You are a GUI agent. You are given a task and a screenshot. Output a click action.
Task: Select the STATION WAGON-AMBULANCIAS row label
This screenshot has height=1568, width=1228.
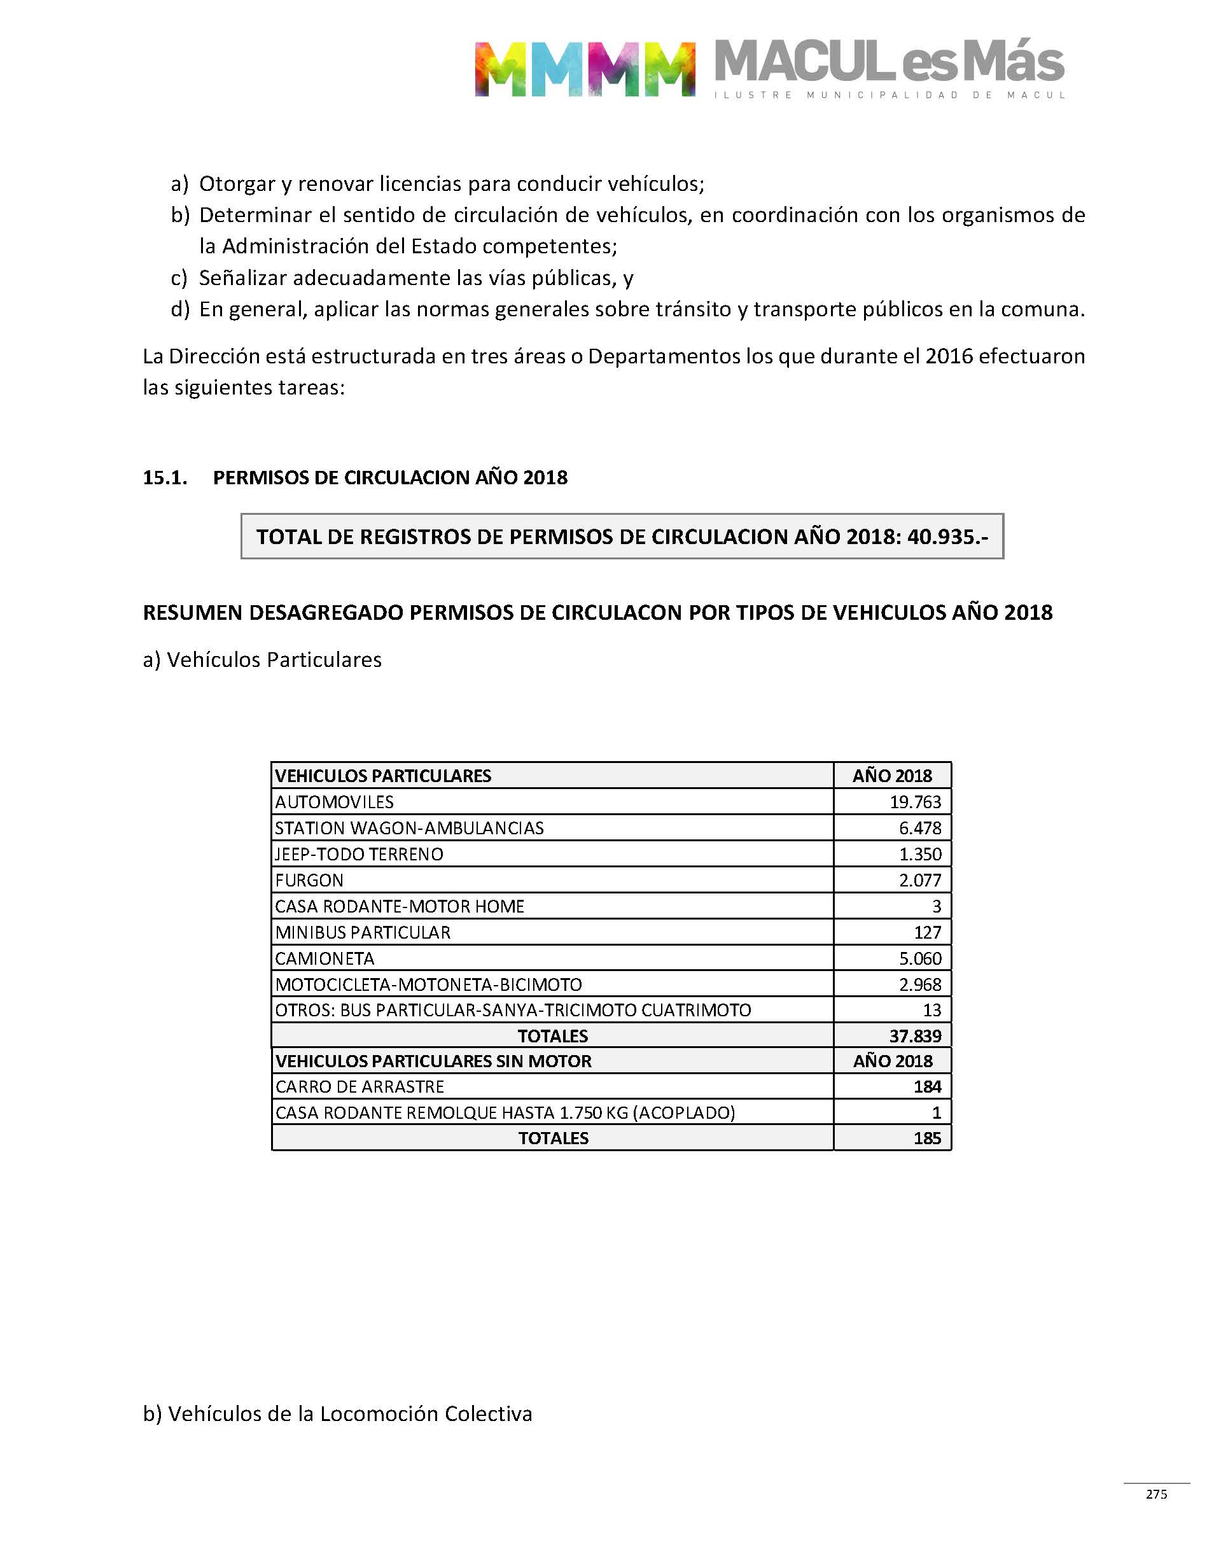pos(409,828)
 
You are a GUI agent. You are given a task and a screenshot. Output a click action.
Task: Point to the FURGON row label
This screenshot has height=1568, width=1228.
pos(309,880)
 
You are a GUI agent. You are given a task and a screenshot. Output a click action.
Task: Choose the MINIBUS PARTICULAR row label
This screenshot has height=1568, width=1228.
pos(363,932)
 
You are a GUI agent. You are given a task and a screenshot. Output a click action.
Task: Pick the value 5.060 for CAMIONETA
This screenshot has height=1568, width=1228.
pos(919,958)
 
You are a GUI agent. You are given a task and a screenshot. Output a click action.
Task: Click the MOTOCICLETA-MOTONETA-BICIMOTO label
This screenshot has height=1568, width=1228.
pos(428,984)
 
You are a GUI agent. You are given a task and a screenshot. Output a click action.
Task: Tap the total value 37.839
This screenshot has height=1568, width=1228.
pos(914,1036)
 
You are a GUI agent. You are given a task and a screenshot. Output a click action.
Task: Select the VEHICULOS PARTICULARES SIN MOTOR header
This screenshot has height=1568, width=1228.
pos(433,1061)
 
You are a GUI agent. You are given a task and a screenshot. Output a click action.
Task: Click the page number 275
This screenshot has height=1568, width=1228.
pos(1156,1494)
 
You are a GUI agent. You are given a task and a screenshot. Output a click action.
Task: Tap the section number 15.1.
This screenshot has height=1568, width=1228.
pos(165,477)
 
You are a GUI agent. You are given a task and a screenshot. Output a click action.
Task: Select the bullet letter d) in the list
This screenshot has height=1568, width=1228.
pos(179,309)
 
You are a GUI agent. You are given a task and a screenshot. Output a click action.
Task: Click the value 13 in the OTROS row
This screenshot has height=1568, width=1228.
pos(931,1010)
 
